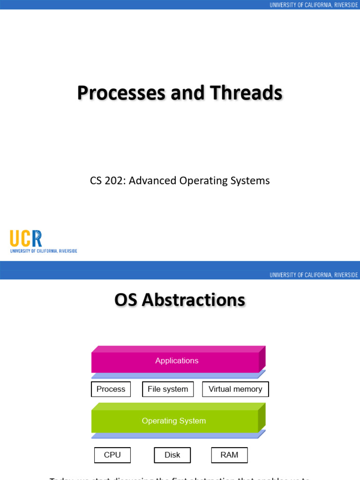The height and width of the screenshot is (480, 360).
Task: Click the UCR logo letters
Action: (26, 239)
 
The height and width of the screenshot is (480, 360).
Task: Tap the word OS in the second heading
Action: (126, 300)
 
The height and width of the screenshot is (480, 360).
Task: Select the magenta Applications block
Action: (177, 361)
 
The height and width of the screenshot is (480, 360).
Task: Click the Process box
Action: (111, 389)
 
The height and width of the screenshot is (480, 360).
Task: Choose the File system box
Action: (168, 389)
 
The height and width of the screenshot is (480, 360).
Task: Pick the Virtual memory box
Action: (235, 389)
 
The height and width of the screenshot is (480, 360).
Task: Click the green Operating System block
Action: (174, 421)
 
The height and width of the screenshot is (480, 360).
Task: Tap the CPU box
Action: (112, 455)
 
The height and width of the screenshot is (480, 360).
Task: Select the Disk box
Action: (172, 455)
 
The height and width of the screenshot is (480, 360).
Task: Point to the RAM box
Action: (229, 455)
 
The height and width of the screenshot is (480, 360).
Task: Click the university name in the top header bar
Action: (314, 5)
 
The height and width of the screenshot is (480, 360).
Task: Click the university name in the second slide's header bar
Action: (314, 275)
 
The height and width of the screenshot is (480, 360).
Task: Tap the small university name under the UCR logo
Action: (44, 251)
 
